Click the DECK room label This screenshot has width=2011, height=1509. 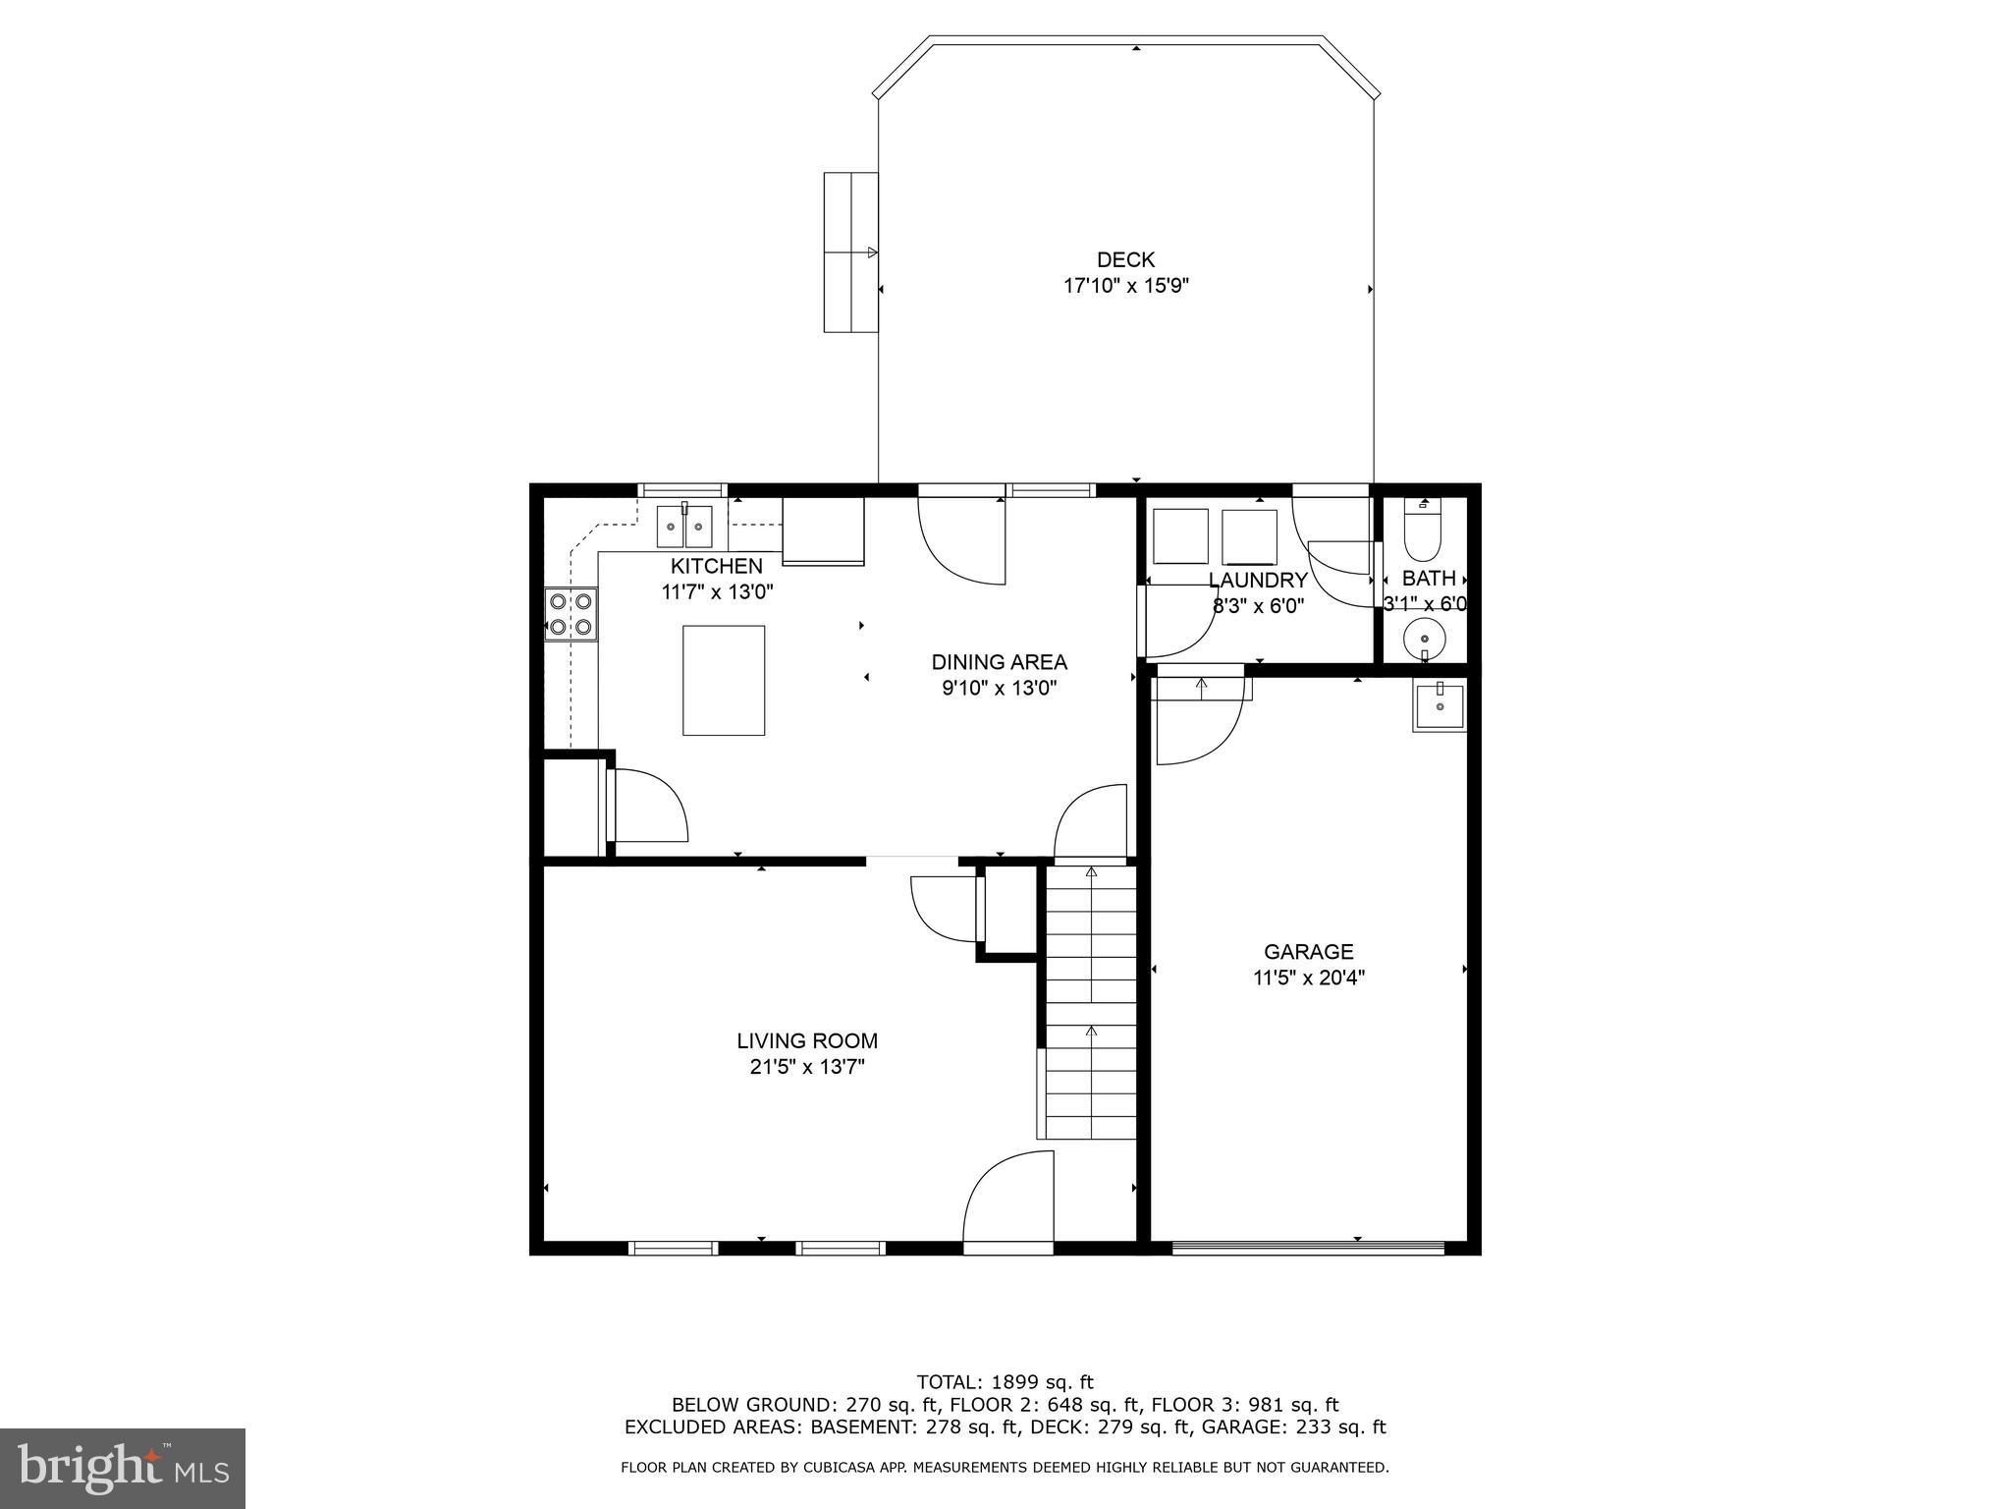[1125, 260]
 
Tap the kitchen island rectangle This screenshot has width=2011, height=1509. [724, 680]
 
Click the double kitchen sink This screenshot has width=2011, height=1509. [684, 527]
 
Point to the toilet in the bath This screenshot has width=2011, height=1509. [1423, 531]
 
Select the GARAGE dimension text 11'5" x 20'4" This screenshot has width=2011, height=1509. [1308, 978]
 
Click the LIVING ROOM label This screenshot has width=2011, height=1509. [807, 1041]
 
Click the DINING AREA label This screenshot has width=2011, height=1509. [999, 662]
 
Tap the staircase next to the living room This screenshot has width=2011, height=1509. [1090, 1002]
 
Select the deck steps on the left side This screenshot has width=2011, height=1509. [850, 252]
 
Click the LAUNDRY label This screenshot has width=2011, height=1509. [1258, 581]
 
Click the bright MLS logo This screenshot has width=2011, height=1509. [122, 1469]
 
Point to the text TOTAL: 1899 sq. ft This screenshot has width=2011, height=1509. [1005, 1382]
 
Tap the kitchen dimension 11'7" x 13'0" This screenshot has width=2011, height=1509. [717, 592]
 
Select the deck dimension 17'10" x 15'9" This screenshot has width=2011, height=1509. [1125, 287]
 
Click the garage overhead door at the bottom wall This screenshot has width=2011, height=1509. [1308, 1249]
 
